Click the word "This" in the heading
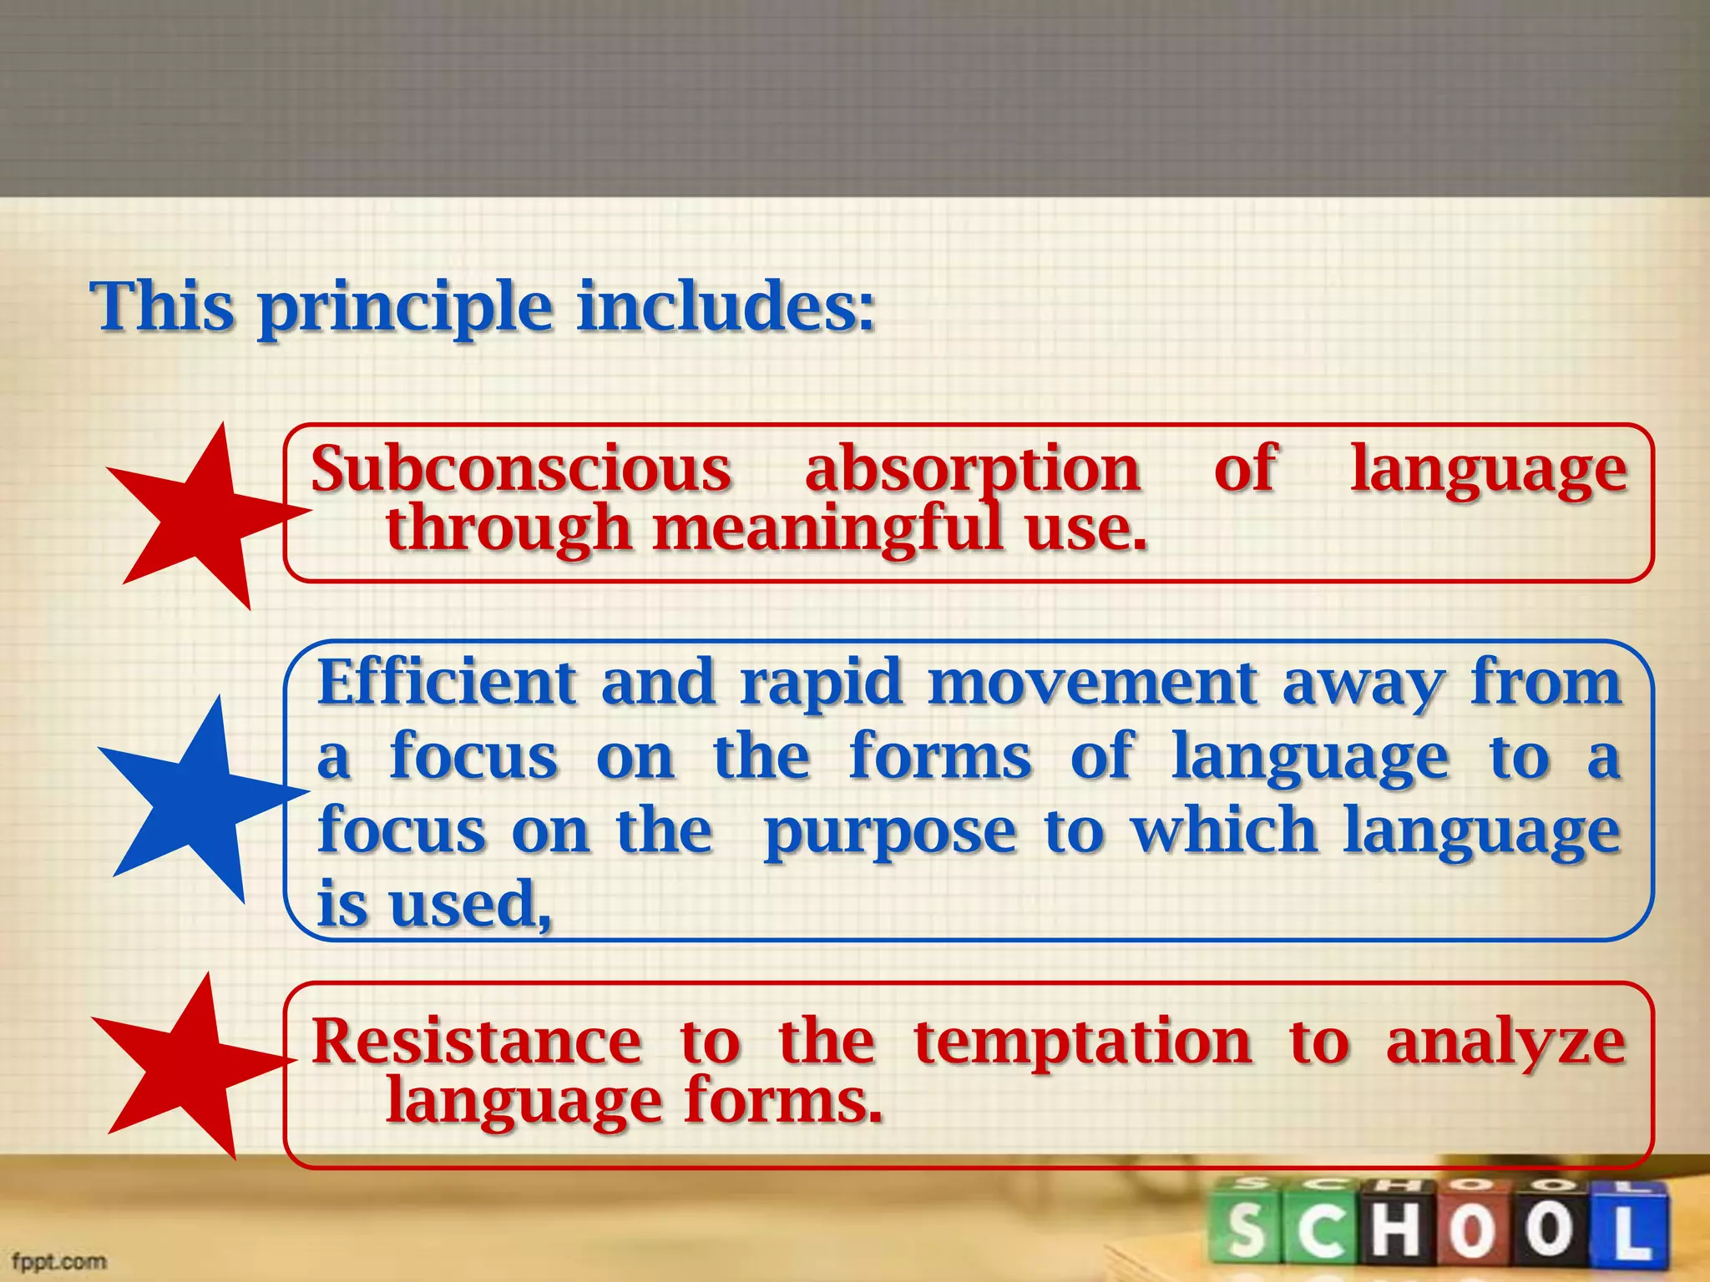162,306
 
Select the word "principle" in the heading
405,309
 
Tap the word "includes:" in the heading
726,306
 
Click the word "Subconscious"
521,469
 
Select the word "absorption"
973,471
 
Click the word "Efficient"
447,683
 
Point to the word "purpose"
890,833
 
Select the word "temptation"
1082,1043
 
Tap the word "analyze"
1505,1043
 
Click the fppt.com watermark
59,1260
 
